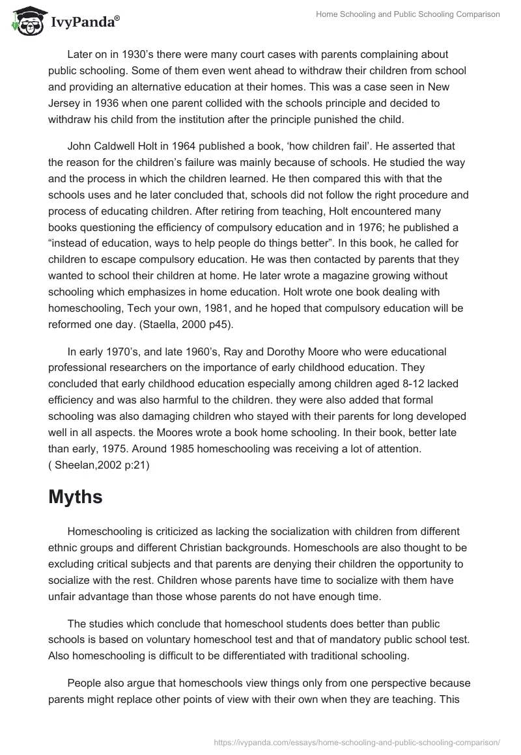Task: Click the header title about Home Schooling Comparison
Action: pos(408,14)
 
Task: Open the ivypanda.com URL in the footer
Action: pos(358,741)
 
